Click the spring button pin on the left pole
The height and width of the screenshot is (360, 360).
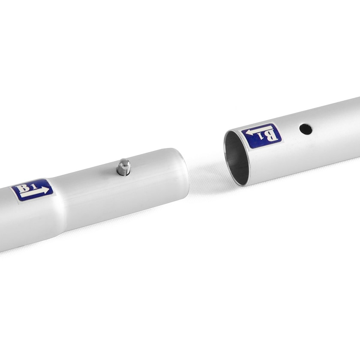123,167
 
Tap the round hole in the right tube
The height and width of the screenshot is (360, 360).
306,129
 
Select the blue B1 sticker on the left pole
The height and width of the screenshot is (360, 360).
32,190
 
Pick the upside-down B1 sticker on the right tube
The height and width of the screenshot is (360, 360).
261,136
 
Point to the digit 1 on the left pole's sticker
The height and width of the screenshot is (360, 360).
34,186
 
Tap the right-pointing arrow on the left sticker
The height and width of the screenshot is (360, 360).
35,192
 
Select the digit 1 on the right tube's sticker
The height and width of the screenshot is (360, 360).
261,137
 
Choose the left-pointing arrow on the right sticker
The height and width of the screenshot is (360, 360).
259,131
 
